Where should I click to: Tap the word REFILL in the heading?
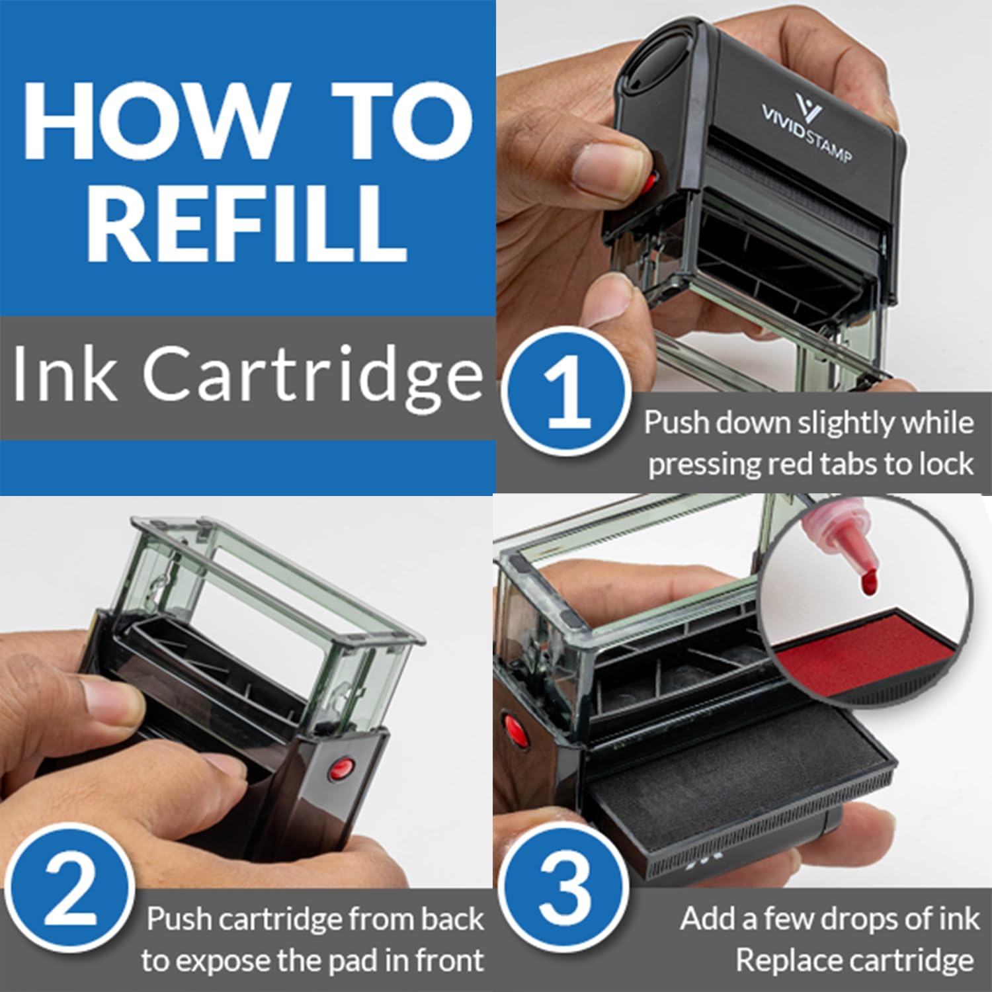[x=247, y=222]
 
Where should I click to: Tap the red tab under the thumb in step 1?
[x=650, y=180]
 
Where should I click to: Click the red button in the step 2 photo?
[x=341, y=769]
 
